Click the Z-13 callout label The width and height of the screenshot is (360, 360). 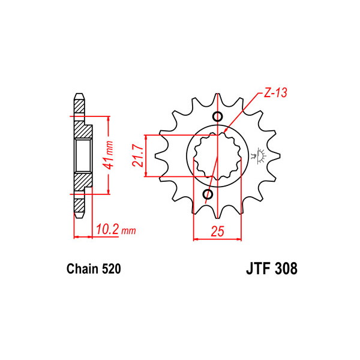pyautogui.click(x=275, y=93)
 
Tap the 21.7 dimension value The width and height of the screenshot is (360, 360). pyautogui.click(x=138, y=156)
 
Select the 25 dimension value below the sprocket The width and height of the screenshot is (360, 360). pyautogui.click(x=217, y=231)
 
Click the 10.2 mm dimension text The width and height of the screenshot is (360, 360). pyautogui.click(x=116, y=229)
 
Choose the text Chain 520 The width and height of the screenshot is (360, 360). pyautogui.click(x=94, y=269)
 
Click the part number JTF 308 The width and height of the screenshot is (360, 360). pyautogui.click(x=272, y=268)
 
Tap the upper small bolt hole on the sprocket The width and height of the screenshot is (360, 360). pyautogui.click(x=217, y=116)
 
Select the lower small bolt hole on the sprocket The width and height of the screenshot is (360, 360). pyautogui.click(x=208, y=194)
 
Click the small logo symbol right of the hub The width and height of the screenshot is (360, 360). pyautogui.click(x=259, y=155)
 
